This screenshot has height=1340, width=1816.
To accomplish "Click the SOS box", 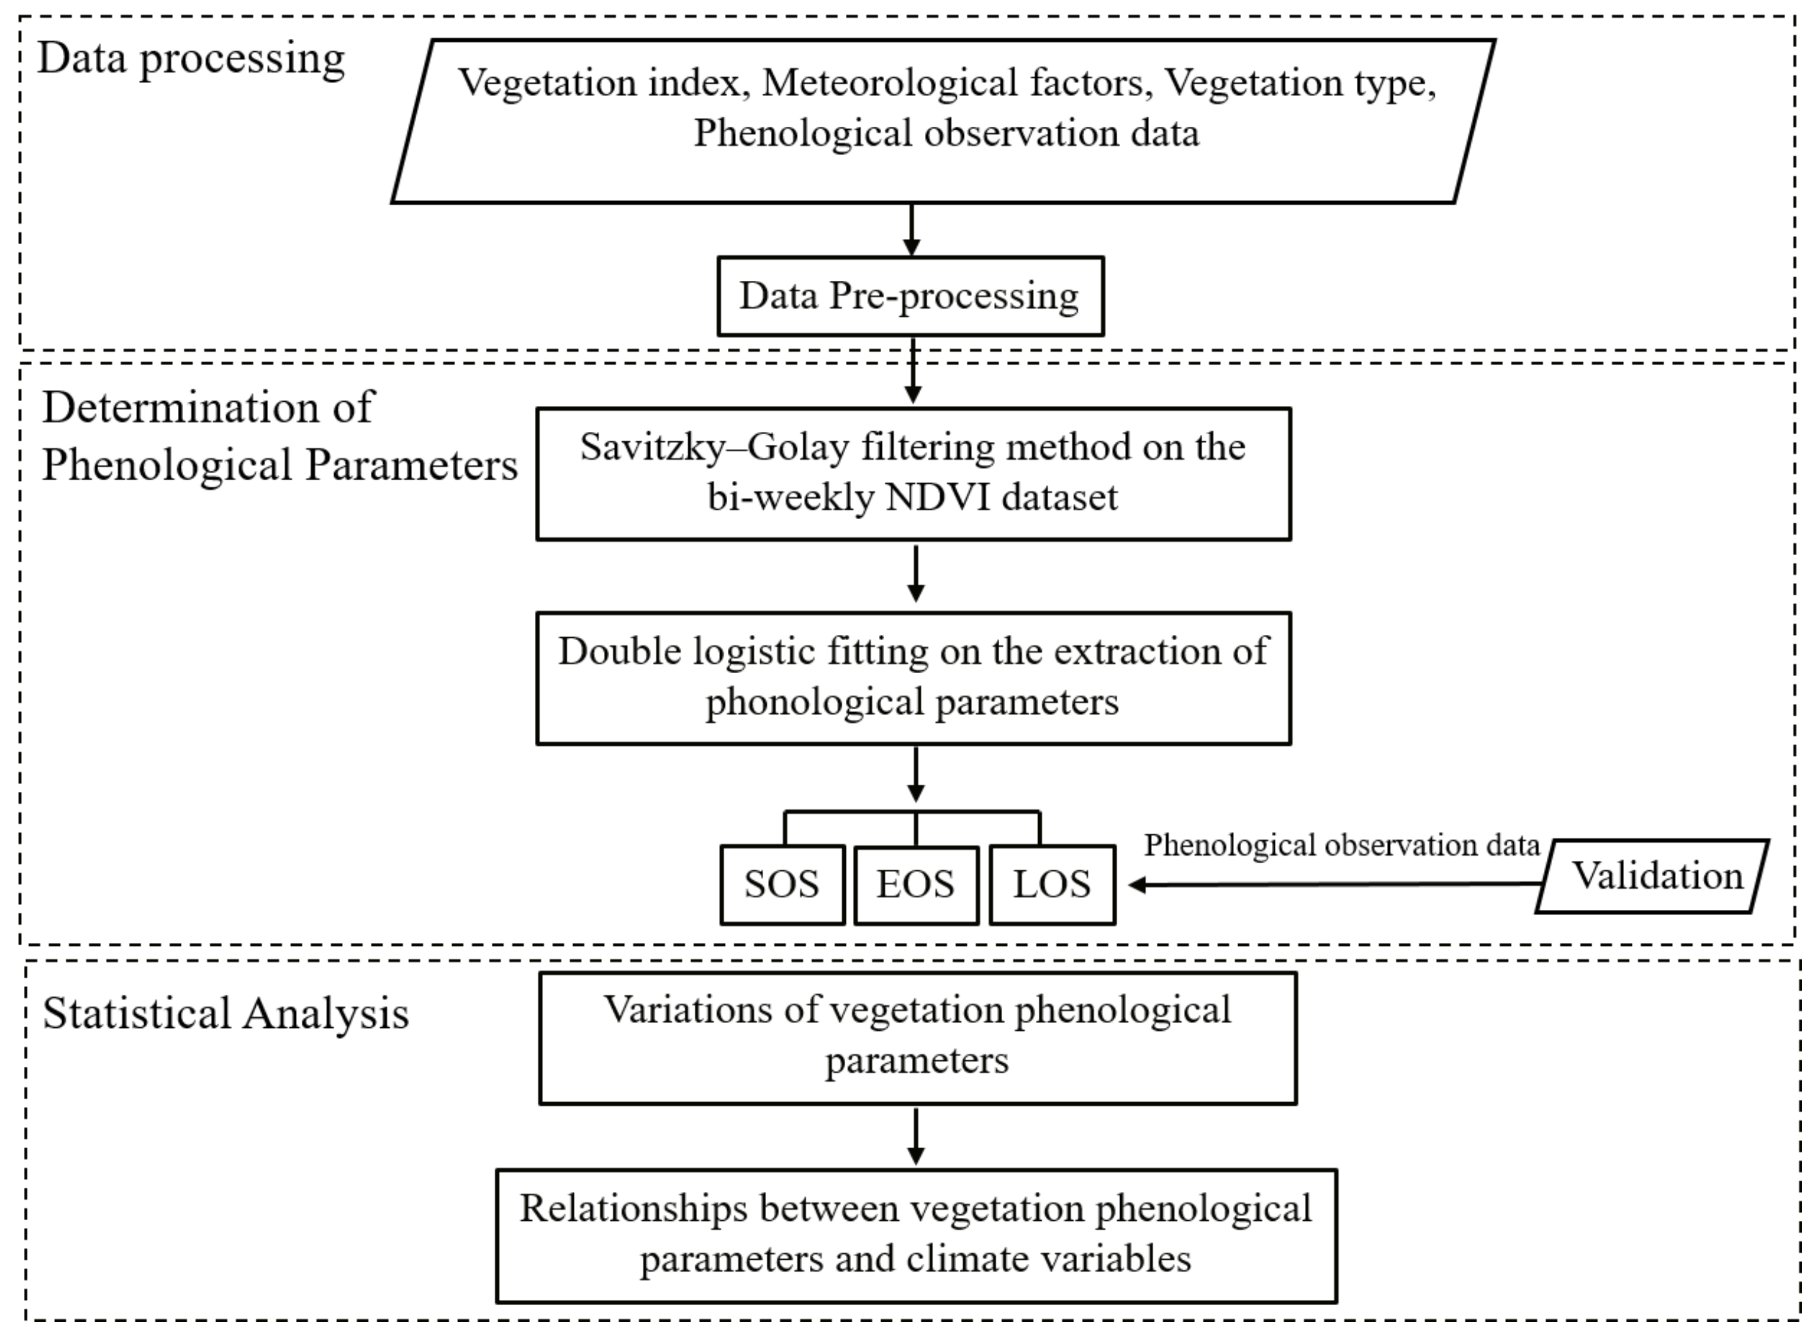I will tap(782, 884).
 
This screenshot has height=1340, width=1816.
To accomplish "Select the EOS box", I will tap(916, 884).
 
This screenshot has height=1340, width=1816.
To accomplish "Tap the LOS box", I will tap(1052, 884).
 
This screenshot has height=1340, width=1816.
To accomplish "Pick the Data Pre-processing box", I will tap(909, 296).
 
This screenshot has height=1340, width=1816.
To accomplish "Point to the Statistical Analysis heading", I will tap(226, 1014).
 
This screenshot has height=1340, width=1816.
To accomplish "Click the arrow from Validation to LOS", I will tap(1330, 884).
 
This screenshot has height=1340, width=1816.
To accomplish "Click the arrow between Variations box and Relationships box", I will tap(916, 1135).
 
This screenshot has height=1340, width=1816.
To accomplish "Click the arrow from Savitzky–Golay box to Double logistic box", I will tap(916, 573).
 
